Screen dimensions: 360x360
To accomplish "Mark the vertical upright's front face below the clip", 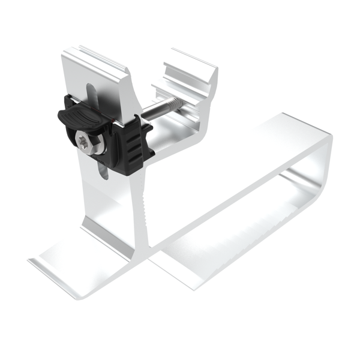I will (x=111, y=204).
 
